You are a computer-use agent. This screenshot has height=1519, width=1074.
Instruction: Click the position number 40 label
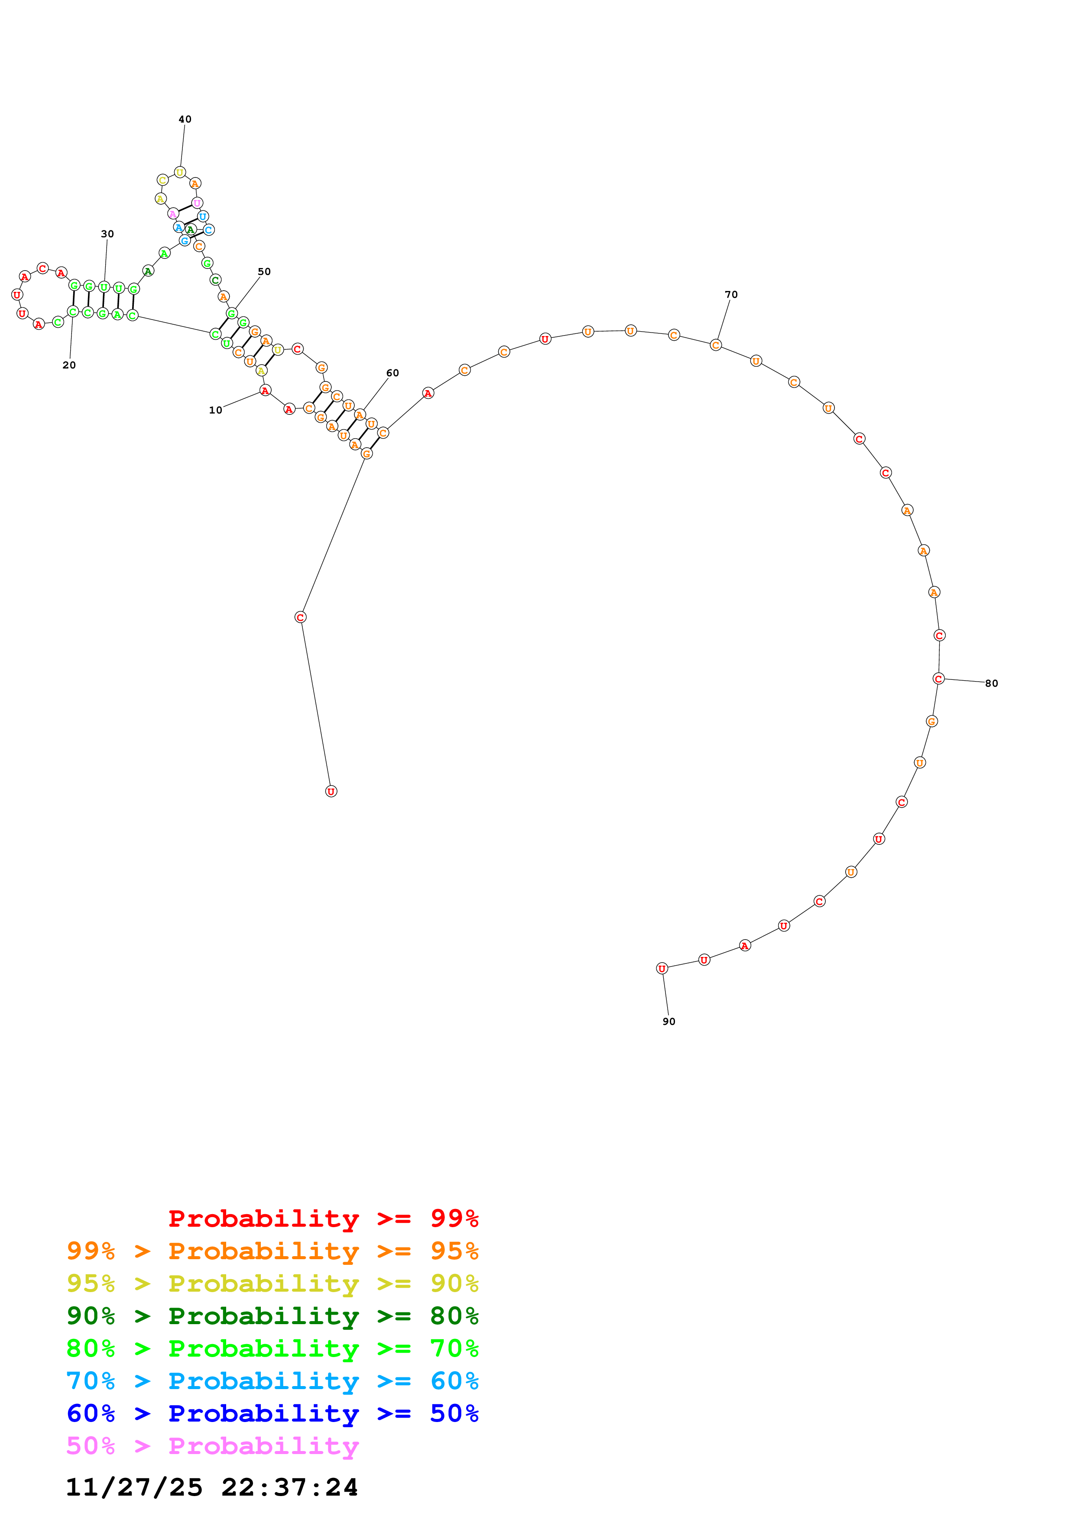click(x=185, y=119)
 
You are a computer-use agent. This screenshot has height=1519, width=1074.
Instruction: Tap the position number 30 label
click(x=107, y=233)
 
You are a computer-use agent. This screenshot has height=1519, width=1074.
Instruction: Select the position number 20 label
click(x=69, y=365)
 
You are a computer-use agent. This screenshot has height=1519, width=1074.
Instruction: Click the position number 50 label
click(x=264, y=271)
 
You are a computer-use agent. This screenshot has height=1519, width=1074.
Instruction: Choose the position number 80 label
click(x=991, y=683)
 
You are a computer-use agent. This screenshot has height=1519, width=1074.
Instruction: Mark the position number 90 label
click(x=668, y=1021)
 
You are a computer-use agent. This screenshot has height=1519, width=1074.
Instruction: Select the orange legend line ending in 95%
click(x=272, y=1251)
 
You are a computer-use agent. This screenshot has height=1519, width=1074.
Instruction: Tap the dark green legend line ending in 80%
click(x=272, y=1316)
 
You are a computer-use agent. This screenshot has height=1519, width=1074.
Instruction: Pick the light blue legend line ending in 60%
click(x=272, y=1381)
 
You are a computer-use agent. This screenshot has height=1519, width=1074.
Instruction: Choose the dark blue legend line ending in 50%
click(x=272, y=1413)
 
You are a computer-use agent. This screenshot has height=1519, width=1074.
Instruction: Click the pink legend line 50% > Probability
click(x=212, y=1445)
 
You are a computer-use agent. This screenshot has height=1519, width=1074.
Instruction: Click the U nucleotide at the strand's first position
click(x=331, y=791)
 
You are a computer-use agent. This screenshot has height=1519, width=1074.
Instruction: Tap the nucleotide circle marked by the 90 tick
click(x=662, y=969)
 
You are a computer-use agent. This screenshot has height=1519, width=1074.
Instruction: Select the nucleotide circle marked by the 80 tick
click(x=938, y=679)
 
